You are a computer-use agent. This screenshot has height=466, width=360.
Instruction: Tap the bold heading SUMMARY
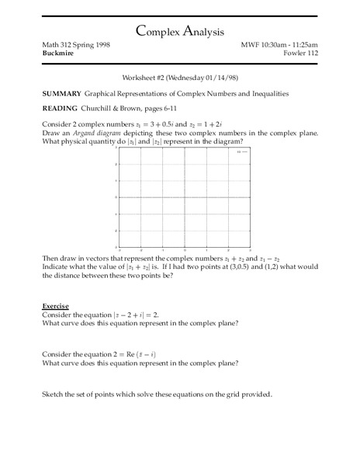[61, 93]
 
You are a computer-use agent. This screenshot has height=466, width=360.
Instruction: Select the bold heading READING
[58, 108]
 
